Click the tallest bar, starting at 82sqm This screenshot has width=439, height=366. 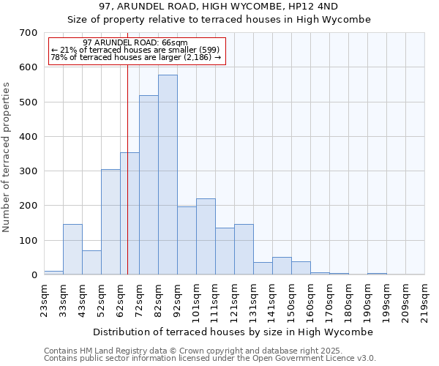tap(168, 175)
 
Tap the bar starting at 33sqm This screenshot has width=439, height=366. tap(72, 250)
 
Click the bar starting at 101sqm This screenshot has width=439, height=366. tap(206, 236)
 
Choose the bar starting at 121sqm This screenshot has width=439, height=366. tap(244, 250)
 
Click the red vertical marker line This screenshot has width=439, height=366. tap(127, 183)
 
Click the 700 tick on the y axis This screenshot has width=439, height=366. tap(29, 33)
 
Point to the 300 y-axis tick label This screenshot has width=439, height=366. tap(29, 171)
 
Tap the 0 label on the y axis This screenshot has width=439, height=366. tap(34, 275)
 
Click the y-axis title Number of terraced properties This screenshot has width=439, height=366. tap(7, 157)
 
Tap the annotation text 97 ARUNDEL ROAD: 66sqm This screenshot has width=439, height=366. tap(135, 43)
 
